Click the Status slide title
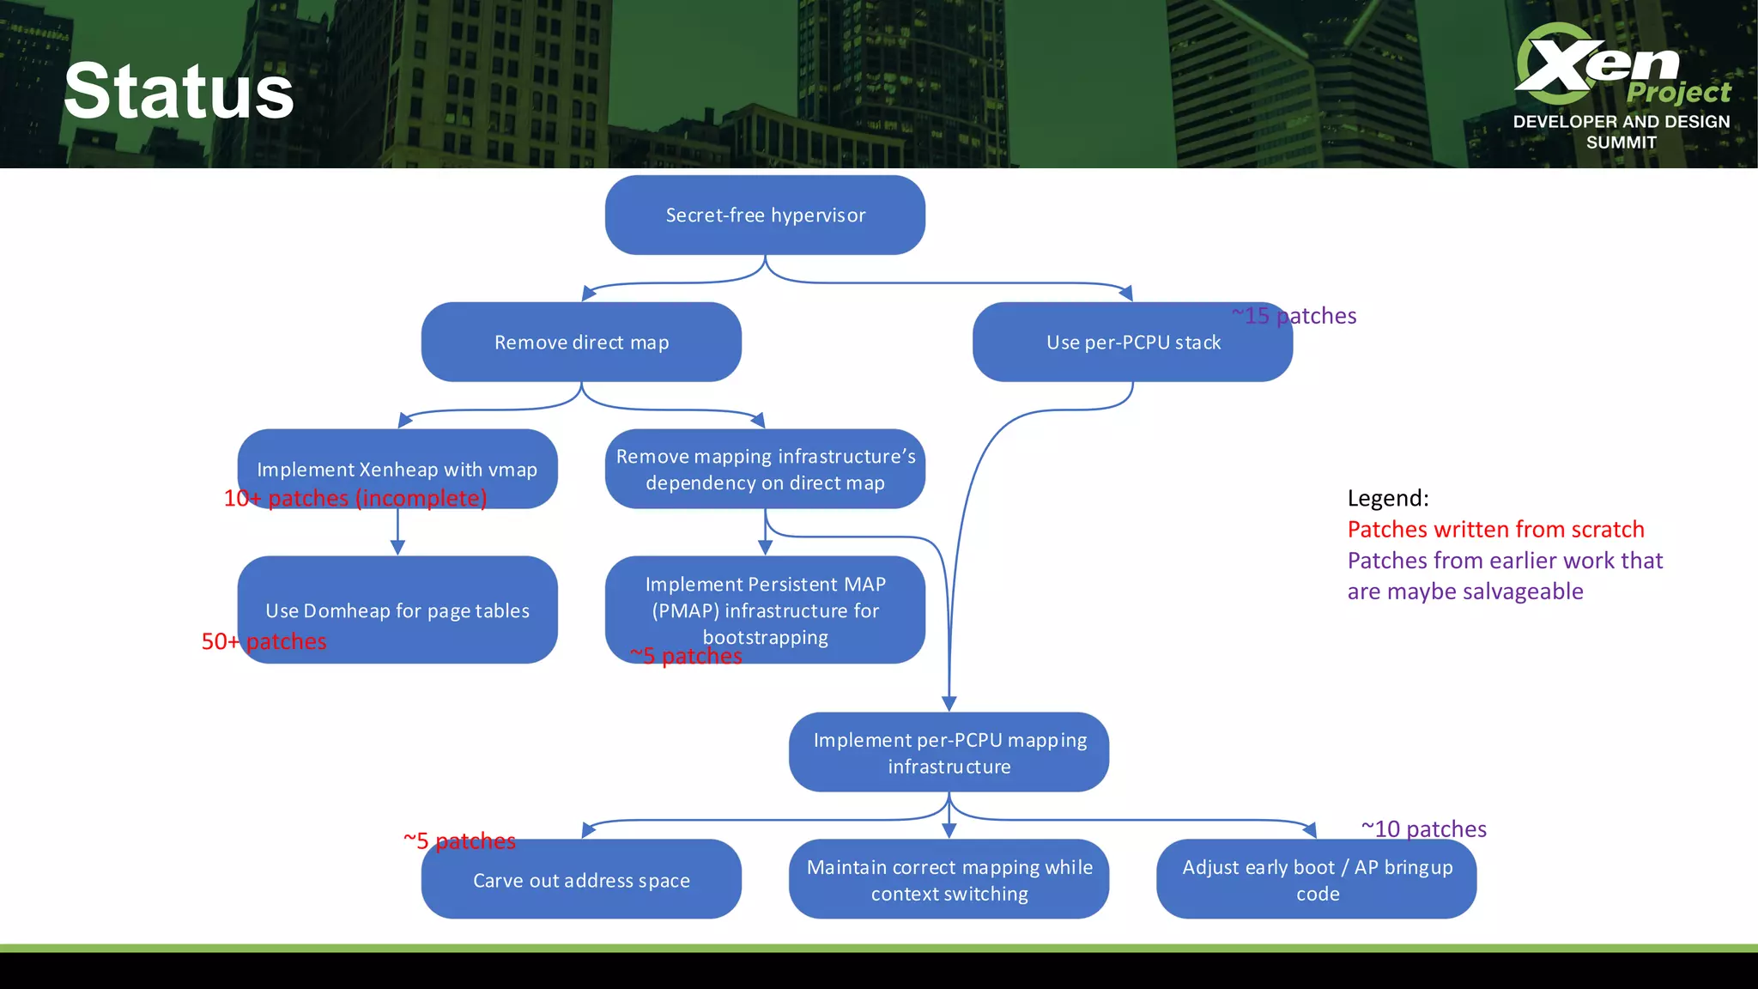coord(179,92)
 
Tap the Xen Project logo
coord(1621,84)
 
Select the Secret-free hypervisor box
coord(765,215)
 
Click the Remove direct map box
coord(581,342)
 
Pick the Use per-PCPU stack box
coord(1132,342)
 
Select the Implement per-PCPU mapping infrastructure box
coord(949,752)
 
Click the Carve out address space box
coord(581,880)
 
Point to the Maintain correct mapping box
coord(949,880)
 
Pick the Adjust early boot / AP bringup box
coord(1317,880)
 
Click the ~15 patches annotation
coord(1294,316)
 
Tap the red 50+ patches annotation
coord(264,641)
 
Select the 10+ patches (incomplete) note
coord(355,498)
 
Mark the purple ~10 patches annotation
coord(1423,828)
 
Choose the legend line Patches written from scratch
coord(1495,529)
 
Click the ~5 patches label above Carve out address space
coord(459,840)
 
